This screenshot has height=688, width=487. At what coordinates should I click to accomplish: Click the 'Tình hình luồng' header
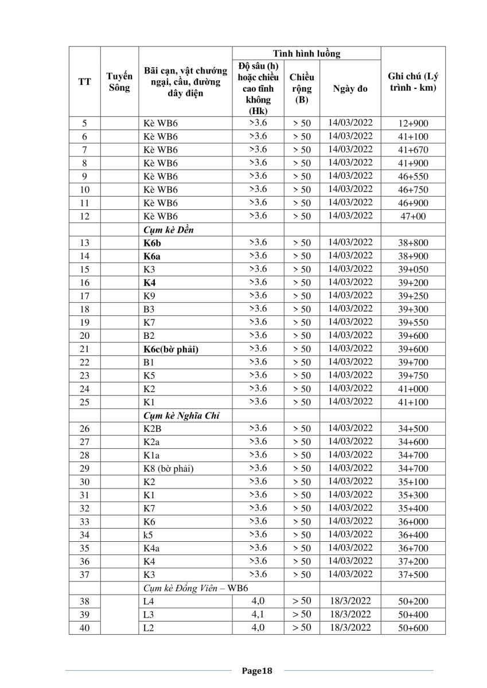306,54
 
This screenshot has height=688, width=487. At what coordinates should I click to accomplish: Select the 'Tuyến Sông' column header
119,82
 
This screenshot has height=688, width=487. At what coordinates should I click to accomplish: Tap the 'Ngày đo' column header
350,89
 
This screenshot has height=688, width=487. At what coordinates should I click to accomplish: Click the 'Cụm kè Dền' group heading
166,229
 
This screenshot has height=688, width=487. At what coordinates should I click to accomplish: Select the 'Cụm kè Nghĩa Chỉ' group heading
177,416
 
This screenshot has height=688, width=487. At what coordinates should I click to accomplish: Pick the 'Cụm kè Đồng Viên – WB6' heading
196,588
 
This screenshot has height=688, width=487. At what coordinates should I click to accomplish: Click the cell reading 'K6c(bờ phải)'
171,349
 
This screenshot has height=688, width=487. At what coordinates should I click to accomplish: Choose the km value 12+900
413,123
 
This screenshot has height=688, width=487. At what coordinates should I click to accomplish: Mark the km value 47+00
413,216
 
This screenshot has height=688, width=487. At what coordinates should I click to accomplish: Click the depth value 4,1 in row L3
258,614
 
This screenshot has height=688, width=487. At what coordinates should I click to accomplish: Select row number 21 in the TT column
84,349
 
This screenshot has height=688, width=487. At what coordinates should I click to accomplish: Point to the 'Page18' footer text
256,670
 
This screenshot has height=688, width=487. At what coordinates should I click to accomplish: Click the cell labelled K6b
153,243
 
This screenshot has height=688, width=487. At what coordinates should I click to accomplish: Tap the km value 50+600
413,628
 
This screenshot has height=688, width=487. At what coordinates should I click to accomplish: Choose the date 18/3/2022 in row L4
350,601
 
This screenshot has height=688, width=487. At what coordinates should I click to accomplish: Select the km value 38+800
413,243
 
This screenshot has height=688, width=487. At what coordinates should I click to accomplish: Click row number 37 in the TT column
84,574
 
